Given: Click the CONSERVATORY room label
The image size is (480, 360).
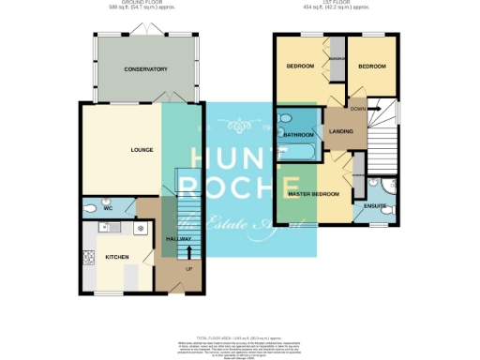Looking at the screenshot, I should coord(145,69).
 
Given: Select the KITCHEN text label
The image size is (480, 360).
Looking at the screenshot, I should coord(116,256).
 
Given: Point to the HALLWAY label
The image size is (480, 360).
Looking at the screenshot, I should coord(178,239).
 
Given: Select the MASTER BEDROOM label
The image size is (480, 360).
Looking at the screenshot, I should coord(311,193).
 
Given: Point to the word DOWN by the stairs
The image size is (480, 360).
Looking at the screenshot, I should coord(358,108).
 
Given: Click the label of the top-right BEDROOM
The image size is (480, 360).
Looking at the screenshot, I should coord(372,67).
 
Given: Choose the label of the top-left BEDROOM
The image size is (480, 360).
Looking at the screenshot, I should coord(300,67).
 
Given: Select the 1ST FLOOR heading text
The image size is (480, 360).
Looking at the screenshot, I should coord(341,3).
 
